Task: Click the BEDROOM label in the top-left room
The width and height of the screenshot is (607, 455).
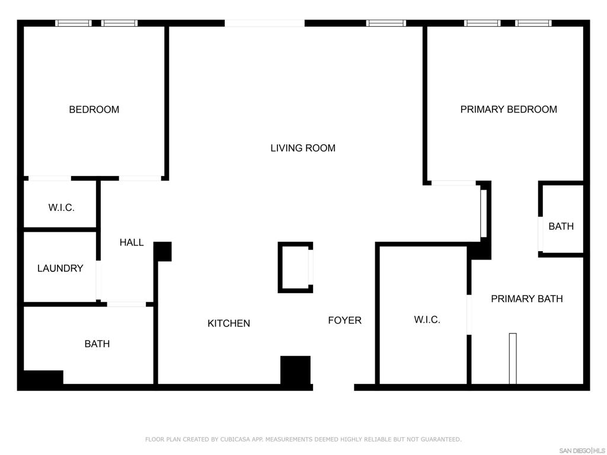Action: pos(94,110)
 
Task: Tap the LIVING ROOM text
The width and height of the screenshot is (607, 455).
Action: pos(303,148)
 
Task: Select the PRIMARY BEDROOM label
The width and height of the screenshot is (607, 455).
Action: pos(509,110)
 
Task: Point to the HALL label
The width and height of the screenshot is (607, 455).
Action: pos(132,242)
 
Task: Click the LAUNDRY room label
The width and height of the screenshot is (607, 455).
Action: pos(60,268)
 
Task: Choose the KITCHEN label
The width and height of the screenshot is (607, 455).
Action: pos(229,323)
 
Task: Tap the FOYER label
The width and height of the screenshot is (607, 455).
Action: pos(344,321)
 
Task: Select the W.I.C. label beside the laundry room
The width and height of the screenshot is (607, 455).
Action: pos(62,208)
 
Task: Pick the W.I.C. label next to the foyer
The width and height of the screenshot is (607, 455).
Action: pos(427,320)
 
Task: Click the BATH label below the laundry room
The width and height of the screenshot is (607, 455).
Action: pos(97,344)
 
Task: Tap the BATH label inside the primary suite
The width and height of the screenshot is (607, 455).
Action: pos(561,226)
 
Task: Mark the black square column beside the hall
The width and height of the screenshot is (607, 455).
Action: pos(163,251)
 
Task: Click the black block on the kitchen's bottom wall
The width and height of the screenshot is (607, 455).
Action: pos(295,371)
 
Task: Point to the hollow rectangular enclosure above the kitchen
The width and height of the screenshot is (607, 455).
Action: pos(295,267)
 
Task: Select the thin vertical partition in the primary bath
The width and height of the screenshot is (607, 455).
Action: pos(513,358)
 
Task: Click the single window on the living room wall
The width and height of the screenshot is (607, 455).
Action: pos(386,23)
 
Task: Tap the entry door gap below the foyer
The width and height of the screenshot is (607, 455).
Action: pos(333,387)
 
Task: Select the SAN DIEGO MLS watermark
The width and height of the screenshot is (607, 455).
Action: pos(582,450)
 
